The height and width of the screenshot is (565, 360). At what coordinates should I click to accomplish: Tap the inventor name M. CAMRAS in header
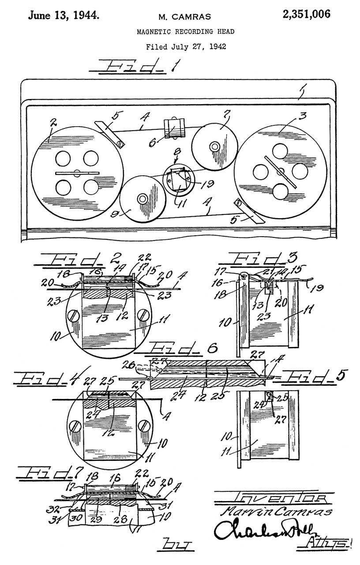point(184,17)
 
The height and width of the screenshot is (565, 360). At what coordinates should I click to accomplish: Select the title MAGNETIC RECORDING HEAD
point(185,31)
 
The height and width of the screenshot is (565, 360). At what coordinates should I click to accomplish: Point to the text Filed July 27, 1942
point(186,46)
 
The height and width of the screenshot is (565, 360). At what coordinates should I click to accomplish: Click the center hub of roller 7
point(215,146)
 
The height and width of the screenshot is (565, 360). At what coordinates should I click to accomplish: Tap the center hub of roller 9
point(142,199)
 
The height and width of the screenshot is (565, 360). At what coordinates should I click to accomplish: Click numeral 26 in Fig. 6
point(129,365)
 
